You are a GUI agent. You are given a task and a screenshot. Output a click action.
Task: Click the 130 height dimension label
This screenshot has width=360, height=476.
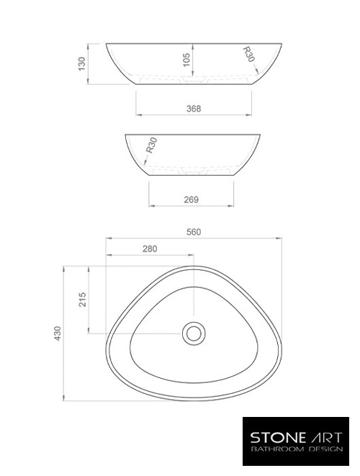point(82,63)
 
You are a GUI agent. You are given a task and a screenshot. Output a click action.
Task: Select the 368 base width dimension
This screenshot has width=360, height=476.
point(193,109)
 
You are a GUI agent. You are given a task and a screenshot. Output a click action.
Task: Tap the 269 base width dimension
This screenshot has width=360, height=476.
point(191,199)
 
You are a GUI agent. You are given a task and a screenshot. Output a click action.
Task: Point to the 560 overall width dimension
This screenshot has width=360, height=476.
point(193,232)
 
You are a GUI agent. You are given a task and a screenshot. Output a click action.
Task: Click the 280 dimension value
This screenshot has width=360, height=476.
point(150,248)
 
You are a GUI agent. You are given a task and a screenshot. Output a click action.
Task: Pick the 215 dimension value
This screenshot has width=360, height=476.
point(83,299)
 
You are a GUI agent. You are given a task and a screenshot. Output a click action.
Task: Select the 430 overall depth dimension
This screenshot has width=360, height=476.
point(58,333)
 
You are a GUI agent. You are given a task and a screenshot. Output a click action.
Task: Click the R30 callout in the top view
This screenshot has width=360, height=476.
point(248,55)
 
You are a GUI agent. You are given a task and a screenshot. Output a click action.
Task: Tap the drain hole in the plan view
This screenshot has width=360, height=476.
point(193,333)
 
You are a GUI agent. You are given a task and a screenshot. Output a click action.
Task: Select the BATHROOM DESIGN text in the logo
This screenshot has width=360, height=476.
point(296,449)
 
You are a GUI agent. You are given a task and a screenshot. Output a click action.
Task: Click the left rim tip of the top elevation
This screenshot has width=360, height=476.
point(107,45)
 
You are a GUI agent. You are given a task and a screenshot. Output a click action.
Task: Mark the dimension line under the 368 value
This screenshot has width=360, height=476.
point(193,115)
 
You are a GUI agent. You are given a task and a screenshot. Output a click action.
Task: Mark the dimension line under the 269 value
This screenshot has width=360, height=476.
point(191,206)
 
